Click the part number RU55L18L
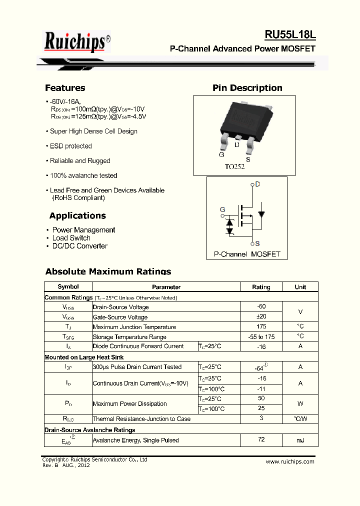[x=290, y=34]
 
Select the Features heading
[x=65, y=88]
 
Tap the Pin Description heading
[x=247, y=88]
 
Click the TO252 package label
[x=234, y=167]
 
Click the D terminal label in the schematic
[x=257, y=184]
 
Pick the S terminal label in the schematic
[x=257, y=243]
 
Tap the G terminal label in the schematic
[x=222, y=209]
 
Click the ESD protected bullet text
[x=70, y=146]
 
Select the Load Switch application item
[x=71, y=238]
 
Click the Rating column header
[x=261, y=287]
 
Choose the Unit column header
[x=300, y=287]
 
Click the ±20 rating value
[x=261, y=317]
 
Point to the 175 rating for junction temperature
[x=261, y=326]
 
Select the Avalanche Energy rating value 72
[x=261, y=440]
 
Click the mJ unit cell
[x=300, y=440]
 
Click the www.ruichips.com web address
[x=290, y=461]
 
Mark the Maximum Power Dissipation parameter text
[x=130, y=404]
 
